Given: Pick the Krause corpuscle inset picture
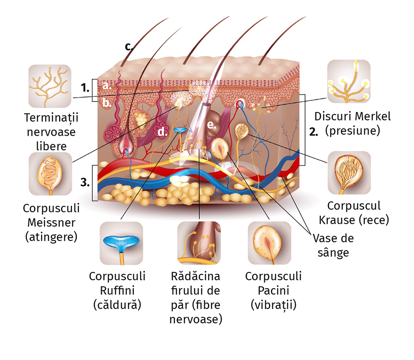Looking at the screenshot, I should pos(349,173).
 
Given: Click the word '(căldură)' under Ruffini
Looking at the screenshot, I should pos(118,305).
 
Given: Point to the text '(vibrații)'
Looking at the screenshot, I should pos(273,305).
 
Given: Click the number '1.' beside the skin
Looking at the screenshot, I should pos(85,88).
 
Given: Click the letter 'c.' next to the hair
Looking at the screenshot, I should pos(129,46).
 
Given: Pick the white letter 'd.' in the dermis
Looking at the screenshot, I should pos(162,132).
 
